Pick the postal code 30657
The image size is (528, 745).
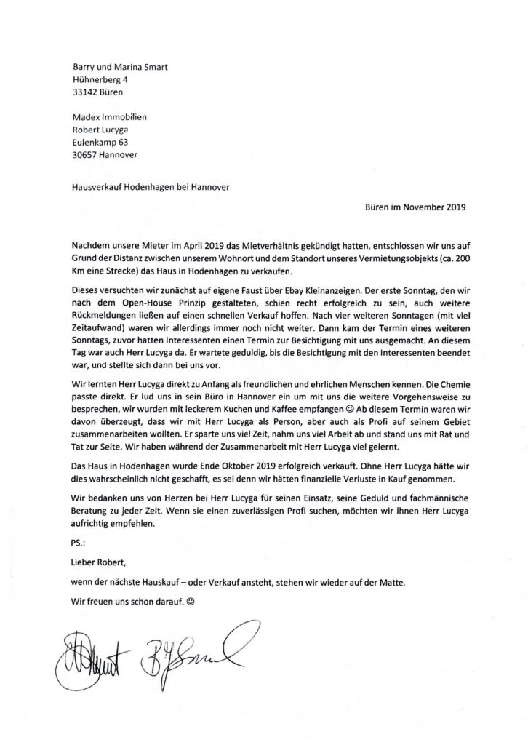coord(88,154)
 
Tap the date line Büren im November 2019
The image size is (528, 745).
coord(415,207)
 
